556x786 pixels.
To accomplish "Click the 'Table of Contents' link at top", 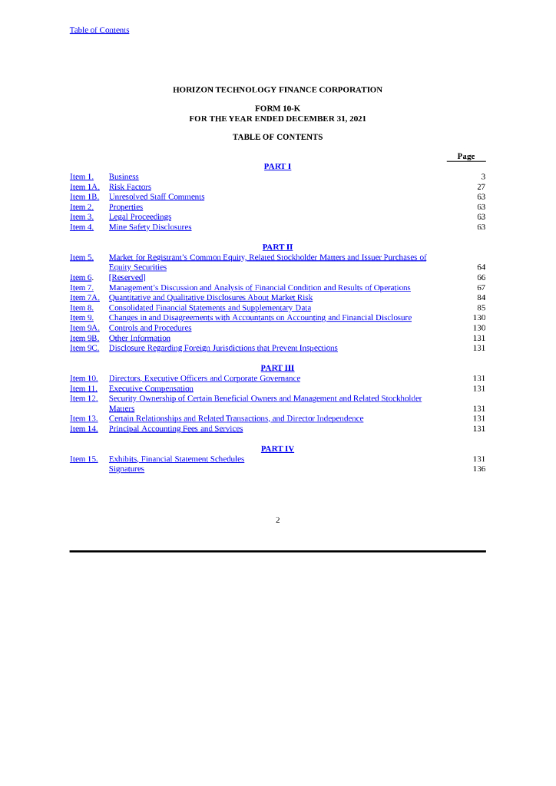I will [99, 30].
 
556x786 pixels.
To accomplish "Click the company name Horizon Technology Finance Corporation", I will [277, 90].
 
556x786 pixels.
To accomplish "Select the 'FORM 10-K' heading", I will [277, 109].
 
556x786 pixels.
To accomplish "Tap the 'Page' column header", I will [465, 157].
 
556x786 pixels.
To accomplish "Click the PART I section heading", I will [277, 167].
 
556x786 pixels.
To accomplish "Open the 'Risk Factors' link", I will [130, 187].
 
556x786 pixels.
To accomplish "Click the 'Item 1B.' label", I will [84, 197].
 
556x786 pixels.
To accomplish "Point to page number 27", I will [481, 187].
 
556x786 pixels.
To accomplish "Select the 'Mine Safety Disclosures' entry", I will [150, 227].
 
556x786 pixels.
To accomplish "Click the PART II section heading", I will [277, 247].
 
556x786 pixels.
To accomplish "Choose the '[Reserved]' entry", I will [127, 278].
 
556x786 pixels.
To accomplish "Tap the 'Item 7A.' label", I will [84, 298].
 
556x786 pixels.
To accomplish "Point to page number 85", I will [481, 308].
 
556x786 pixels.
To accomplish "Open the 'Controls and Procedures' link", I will [150, 328].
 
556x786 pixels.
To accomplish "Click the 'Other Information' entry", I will [139, 338].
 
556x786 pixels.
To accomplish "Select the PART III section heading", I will [277, 368].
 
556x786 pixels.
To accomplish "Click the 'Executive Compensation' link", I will [151, 388].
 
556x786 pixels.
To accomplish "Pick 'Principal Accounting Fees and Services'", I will [175, 428].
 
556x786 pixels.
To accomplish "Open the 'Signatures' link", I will [126, 469].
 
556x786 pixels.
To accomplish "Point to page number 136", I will [479, 469].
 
